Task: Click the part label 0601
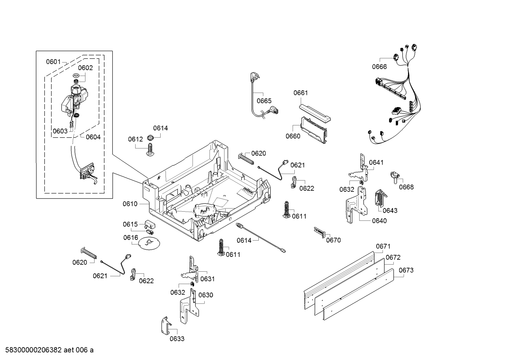click(x=53, y=61)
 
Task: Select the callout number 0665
click(x=264, y=101)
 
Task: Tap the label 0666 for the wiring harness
click(x=379, y=67)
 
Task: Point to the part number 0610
click(x=130, y=204)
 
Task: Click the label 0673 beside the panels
click(x=406, y=270)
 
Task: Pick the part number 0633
click(x=177, y=339)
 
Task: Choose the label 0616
click(x=131, y=238)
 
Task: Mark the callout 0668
click(x=406, y=187)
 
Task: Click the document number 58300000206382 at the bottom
click(x=34, y=350)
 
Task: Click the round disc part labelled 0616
click(x=149, y=243)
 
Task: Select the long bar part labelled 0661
click(x=315, y=113)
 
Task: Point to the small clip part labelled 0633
click(x=166, y=326)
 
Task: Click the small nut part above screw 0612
click(x=150, y=137)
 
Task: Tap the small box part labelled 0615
click(x=150, y=224)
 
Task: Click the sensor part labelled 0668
click(x=395, y=177)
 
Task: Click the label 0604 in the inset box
click(x=93, y=137)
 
